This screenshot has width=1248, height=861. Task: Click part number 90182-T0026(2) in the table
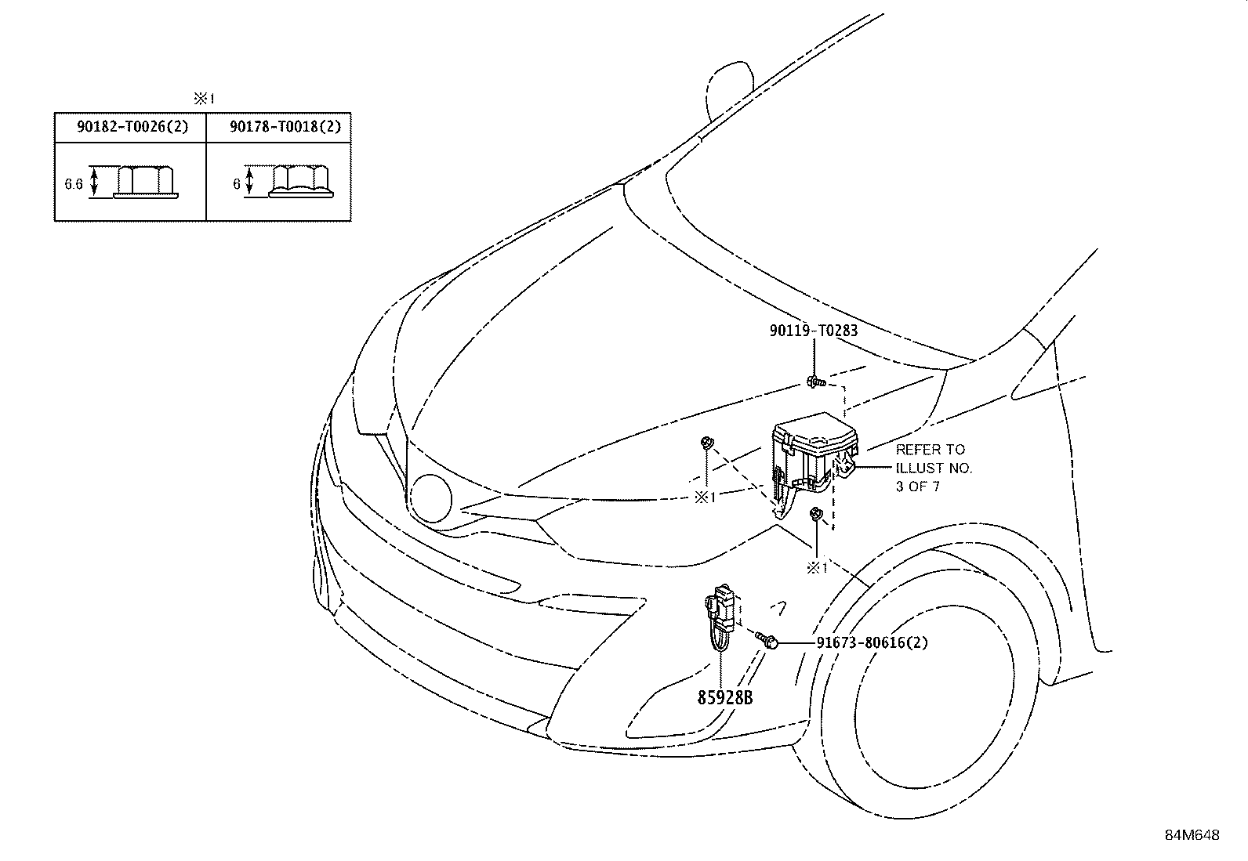point(132,127)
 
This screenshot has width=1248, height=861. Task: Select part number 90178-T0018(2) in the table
point(285,127)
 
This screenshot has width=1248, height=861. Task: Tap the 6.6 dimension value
point(74,184)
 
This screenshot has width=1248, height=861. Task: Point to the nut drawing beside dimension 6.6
point(145,182)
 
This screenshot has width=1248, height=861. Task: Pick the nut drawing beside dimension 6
point(301,182)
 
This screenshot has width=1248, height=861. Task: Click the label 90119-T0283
point(814,331)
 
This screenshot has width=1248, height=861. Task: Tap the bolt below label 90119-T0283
point(815,382)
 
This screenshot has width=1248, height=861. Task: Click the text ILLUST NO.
point(934,468)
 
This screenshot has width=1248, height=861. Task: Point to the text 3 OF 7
point(918,487)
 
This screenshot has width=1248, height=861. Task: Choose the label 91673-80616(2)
point(873,642)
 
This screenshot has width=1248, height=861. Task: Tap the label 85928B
point(725,697)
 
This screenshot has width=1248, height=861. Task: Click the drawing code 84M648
point(1192,835)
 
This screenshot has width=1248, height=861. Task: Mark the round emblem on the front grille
point(430,498)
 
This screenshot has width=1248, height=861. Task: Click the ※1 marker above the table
point(204,99)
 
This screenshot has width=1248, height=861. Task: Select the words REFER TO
point(930,450)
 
